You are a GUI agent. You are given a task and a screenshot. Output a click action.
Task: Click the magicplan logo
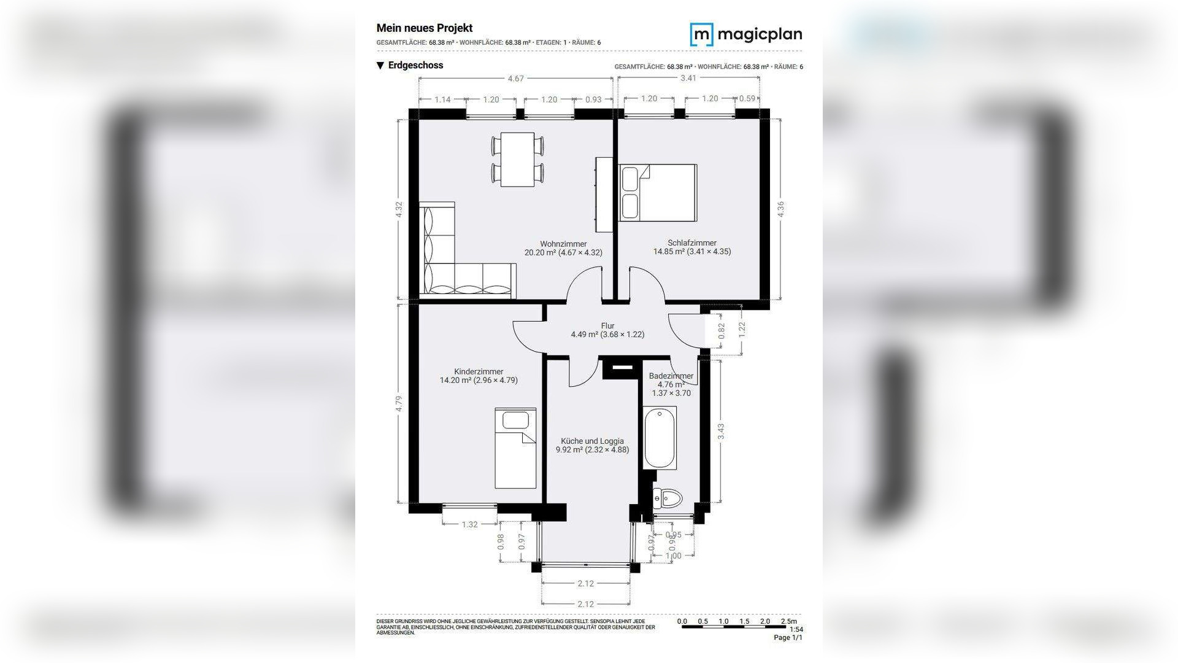coord(745,34)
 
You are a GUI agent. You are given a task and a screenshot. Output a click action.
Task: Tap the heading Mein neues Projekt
coord(424,28)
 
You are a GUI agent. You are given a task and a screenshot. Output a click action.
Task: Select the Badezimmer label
coord(671,376)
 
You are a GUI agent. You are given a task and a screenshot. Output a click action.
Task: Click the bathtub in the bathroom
coord(660,438)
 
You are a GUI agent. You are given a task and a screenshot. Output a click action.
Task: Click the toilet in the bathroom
coord(668,498)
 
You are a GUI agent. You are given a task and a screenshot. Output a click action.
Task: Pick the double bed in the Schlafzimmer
coord(658,192)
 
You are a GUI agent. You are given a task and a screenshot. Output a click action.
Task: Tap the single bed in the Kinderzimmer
coord(515,448)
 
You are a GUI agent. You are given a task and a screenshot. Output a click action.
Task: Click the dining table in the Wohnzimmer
coord(517,160)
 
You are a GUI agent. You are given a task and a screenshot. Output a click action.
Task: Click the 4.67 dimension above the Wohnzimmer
coord(515,79)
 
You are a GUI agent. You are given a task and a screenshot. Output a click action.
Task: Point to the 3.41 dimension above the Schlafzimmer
coord(688,78)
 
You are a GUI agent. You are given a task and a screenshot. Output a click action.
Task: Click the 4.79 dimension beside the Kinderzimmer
coord(399,404)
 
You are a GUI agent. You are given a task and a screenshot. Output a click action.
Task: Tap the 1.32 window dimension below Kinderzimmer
coord(469,524)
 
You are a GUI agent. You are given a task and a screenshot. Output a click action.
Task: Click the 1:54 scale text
coord(796,629)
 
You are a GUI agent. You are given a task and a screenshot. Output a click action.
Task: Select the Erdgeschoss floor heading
coord(415,65)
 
